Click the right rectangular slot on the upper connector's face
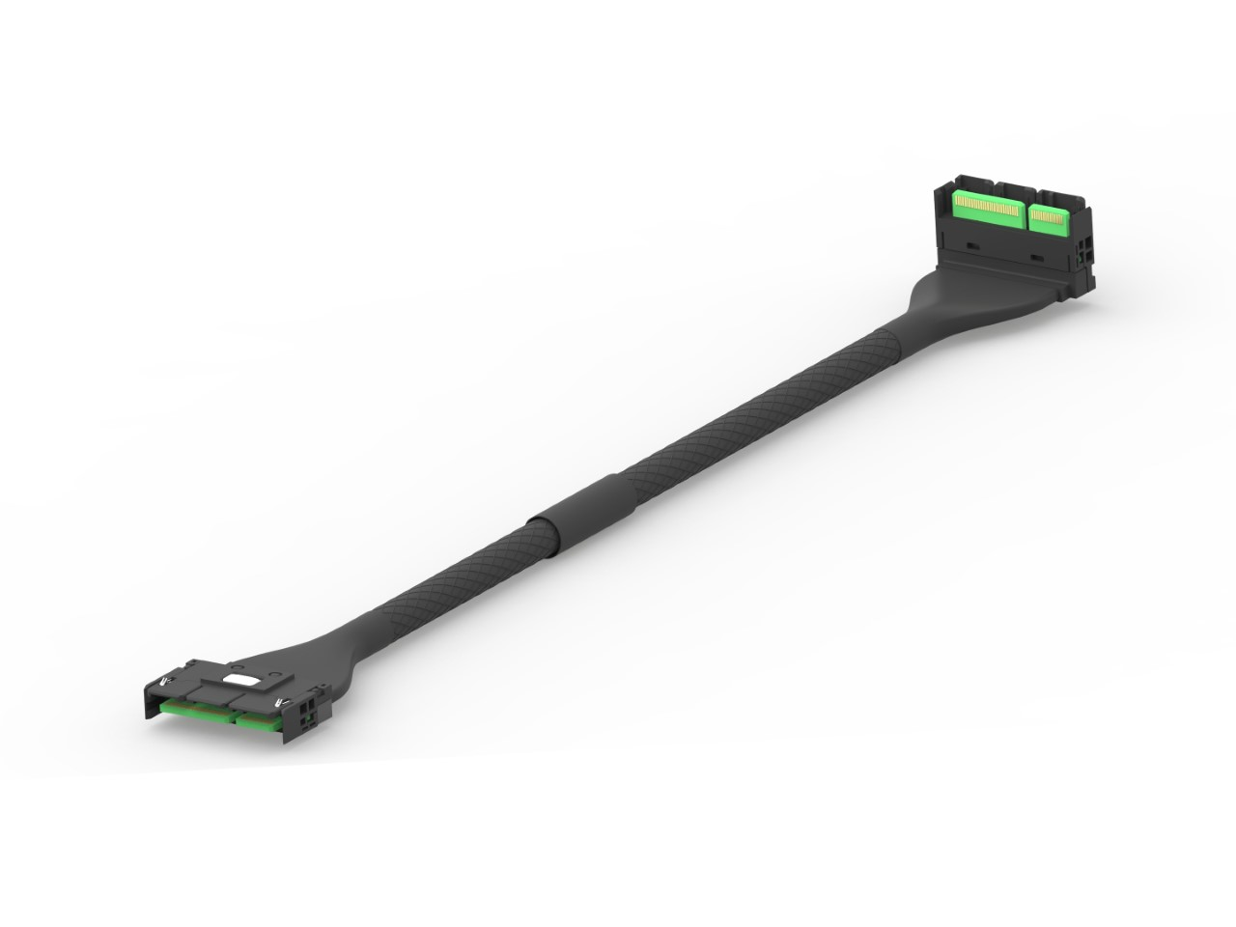pos(1037,258)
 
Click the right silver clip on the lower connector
pos(280,700)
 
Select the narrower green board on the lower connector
pos(256,721)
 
